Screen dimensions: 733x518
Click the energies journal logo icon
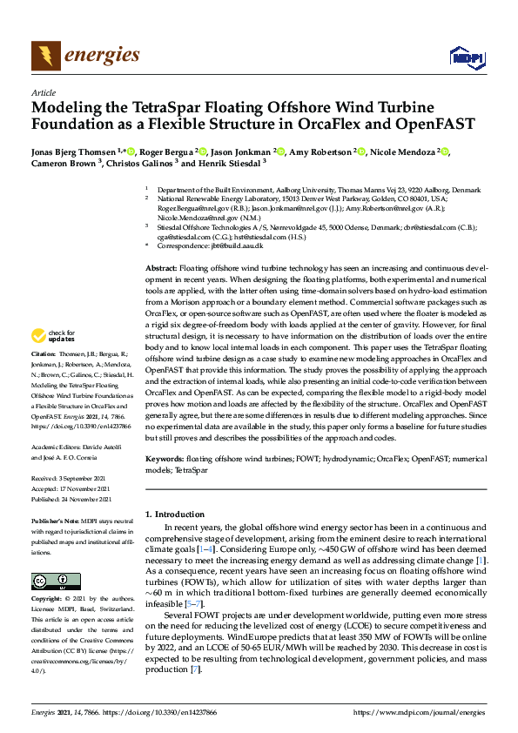[46, 57]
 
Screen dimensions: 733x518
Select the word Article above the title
[43, 92]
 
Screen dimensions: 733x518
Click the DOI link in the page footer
[156, 712]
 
